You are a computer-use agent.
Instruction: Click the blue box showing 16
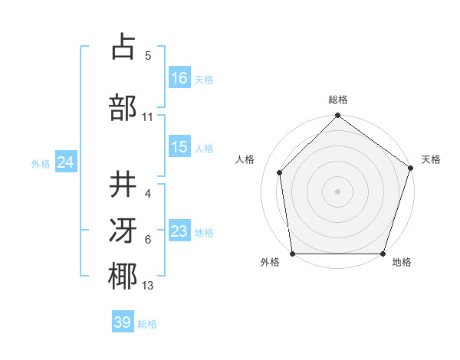(179, 78)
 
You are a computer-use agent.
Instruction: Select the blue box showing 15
(179, 147)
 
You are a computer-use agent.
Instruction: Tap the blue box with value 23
(179, 231)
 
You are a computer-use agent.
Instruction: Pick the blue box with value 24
(66, 162)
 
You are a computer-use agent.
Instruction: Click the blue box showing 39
(123, 322)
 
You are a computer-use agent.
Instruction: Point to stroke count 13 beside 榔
(148, 286)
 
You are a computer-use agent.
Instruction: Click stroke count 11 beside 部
(148, 117)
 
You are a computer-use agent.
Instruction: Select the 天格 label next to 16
(204, 79)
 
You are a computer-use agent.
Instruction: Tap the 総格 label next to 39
(147, 323)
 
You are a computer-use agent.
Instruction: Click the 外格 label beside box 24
(41, 163)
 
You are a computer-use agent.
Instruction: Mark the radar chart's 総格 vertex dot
(337, 116)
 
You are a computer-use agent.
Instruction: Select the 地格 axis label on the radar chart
(402, 263)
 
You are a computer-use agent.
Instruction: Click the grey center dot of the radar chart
(337, 191)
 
